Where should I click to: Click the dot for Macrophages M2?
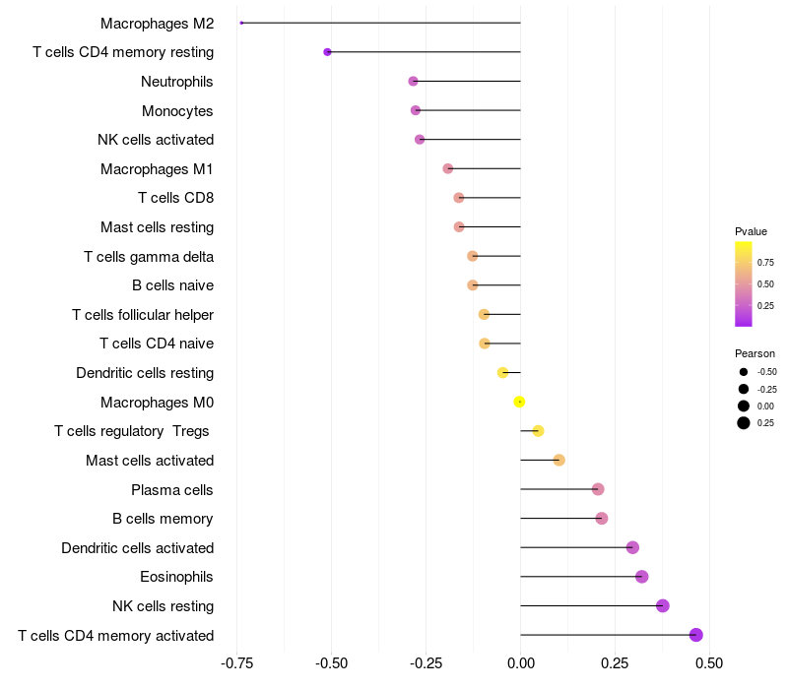241,23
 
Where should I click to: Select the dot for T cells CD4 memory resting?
327,52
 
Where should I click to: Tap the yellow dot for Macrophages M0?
519,402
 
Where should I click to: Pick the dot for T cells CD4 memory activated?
696,635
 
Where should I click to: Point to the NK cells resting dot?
663,605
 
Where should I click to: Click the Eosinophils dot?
642,577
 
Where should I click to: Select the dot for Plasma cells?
598,489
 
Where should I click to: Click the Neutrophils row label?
177,81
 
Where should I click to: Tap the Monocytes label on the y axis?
177,110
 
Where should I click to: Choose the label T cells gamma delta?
149,256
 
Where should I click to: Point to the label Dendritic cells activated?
137,547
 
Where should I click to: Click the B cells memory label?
163,519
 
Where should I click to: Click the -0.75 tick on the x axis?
236,663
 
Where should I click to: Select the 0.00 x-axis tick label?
520,663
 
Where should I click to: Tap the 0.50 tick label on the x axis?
709,663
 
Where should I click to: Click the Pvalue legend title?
751,231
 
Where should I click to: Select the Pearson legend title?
755,353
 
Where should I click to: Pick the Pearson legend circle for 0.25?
744,423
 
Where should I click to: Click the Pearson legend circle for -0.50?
744,372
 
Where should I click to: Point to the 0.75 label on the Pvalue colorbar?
765,263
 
